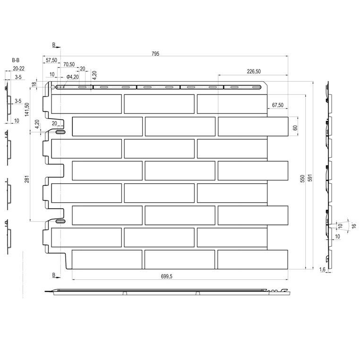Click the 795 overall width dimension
click(x=155, y=54)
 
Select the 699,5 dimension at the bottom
click(x=166, y=276)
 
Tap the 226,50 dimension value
click(x=254, y=71)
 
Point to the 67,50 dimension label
click(x=278, y=105)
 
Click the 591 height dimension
click(x=310, y=178)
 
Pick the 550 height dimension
click(x=303, y=179)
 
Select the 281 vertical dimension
click(x=27, y=179)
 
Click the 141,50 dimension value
click(x=27, y=110)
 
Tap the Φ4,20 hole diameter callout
click(x=73, y=77)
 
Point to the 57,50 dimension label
click(x=51, y=60)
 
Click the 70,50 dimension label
click(x=69, y=65)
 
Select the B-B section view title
click(x=16, y=60)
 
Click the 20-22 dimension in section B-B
click(x=18, y=69)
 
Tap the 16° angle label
click(x=354, y=225)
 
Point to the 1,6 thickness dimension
click(x=322, y=269)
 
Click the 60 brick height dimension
click(x=295, y=128)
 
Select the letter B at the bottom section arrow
click(x=54, y=275)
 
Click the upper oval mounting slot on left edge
click(x=60, y=132)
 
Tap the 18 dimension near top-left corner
click(x=34, y=84)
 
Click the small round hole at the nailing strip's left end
click(x=52, y=87)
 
